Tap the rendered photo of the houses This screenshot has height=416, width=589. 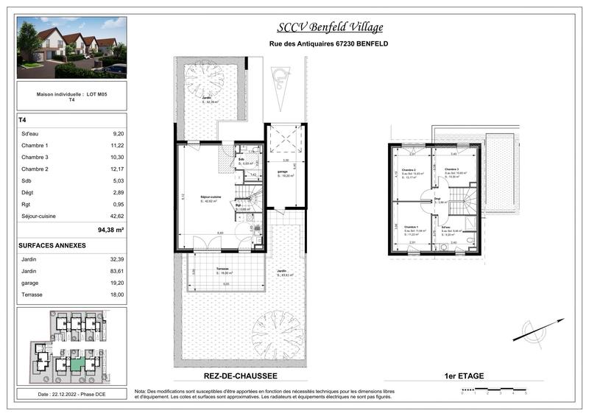(71, 48)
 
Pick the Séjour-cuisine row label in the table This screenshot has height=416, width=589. (41, 216)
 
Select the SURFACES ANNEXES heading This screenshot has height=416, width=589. (52, 245)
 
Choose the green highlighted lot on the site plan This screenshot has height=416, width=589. (77, 363)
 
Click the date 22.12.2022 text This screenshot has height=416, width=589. (71, 395)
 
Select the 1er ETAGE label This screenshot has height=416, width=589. (465, 376)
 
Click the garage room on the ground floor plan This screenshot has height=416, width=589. (283, 173)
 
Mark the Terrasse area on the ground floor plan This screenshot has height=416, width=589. (219, 271)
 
